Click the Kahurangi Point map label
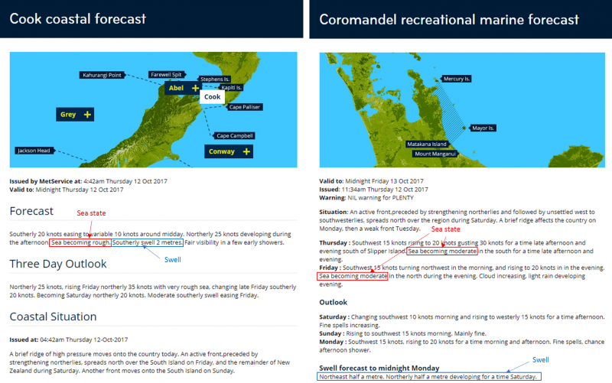103,75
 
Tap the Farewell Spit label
166,74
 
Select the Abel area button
183,88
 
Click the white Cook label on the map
213,97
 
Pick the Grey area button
75,115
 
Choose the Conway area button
229,151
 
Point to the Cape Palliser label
244,107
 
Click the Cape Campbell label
235,136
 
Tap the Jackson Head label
34,151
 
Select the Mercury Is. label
456,79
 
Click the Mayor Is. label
483,128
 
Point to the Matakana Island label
427,144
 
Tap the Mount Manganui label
435,154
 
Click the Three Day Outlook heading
58,264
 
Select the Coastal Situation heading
53,316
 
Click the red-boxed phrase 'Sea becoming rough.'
80,242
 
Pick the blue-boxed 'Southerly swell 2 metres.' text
147,242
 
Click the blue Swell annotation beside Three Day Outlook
173,260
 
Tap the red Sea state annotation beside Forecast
91,213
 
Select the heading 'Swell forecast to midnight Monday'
379,368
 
